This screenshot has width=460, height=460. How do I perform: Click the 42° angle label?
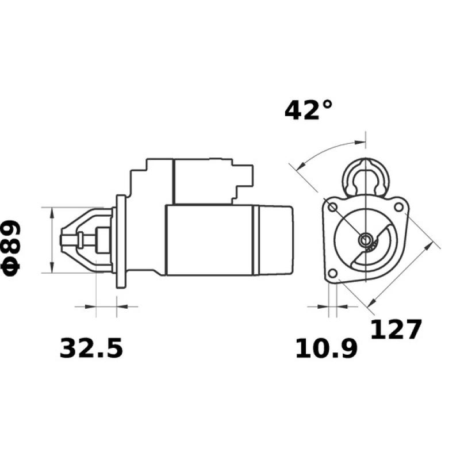coord(309,109)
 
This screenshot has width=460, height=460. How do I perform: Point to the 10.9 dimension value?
coord(326,348)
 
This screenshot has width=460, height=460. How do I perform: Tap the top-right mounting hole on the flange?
coord(398,205)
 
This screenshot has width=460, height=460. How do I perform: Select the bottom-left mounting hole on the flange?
coord(332,274)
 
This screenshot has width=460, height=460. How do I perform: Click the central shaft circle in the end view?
coord(365,240)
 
